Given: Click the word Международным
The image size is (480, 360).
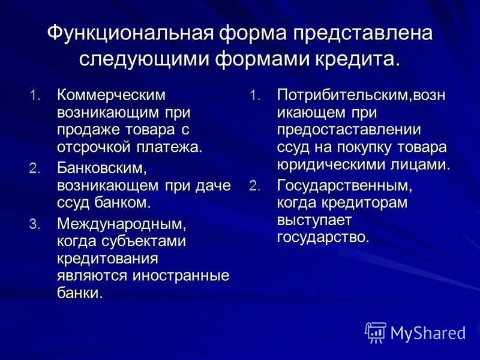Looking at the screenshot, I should (118, 224).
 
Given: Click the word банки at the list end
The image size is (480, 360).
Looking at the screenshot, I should (80, 293).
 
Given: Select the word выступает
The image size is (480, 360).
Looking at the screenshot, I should (314, 220).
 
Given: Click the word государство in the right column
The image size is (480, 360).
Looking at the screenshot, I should (323, 237).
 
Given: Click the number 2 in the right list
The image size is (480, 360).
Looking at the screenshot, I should (254, 186).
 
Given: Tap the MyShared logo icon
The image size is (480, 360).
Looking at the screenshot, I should (376, 332).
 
